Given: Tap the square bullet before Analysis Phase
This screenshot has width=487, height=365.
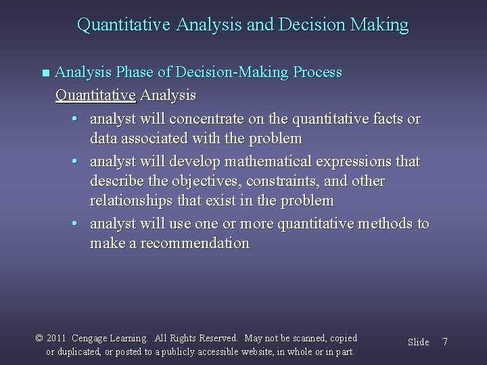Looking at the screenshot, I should (x=45, y=72).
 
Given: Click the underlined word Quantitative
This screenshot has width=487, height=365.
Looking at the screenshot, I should (x=95, y=95).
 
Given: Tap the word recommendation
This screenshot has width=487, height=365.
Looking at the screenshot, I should (x=195, y=243).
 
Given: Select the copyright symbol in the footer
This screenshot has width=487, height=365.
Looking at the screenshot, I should (x=39, y=338).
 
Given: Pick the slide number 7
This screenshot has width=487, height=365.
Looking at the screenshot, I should (x=444, y=342).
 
